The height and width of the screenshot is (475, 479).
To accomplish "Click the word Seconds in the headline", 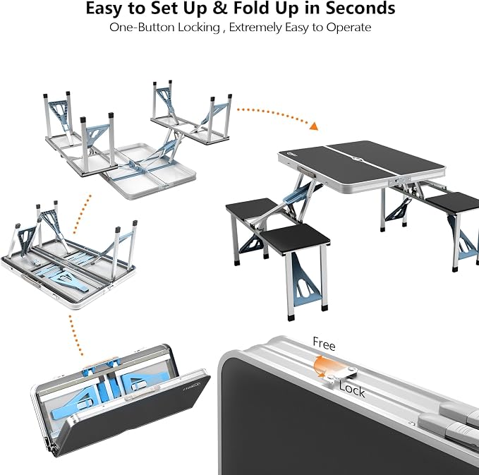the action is pyautogui.click(x=360, y=8).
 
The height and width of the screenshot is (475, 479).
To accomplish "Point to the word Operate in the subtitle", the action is pyautogui.click(x=348, y=28).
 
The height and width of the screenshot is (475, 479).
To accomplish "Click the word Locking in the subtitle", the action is pyautogui.click(x=199, y=28).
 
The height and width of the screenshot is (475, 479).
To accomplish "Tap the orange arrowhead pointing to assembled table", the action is pyautogui.click(x=314, y=126).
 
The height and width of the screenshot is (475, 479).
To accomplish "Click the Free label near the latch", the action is pyautogui.click(x=324, y=344).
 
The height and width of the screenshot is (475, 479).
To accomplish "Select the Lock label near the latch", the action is pyautogui.click(x=351, y=390).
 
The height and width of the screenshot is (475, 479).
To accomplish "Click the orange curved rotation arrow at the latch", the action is pyautogui.click(x=320, y=366).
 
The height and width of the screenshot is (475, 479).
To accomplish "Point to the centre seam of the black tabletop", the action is pyautogui.click(x=361, y=163).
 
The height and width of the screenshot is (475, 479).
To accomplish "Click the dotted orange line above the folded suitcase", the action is pyautogui.click(x=75, y=335).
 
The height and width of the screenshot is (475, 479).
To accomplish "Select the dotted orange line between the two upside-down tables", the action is pyautogui.click(x=83, y=214).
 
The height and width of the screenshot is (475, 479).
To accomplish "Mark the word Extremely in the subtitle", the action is pyautogui.click(x=255, y=28).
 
